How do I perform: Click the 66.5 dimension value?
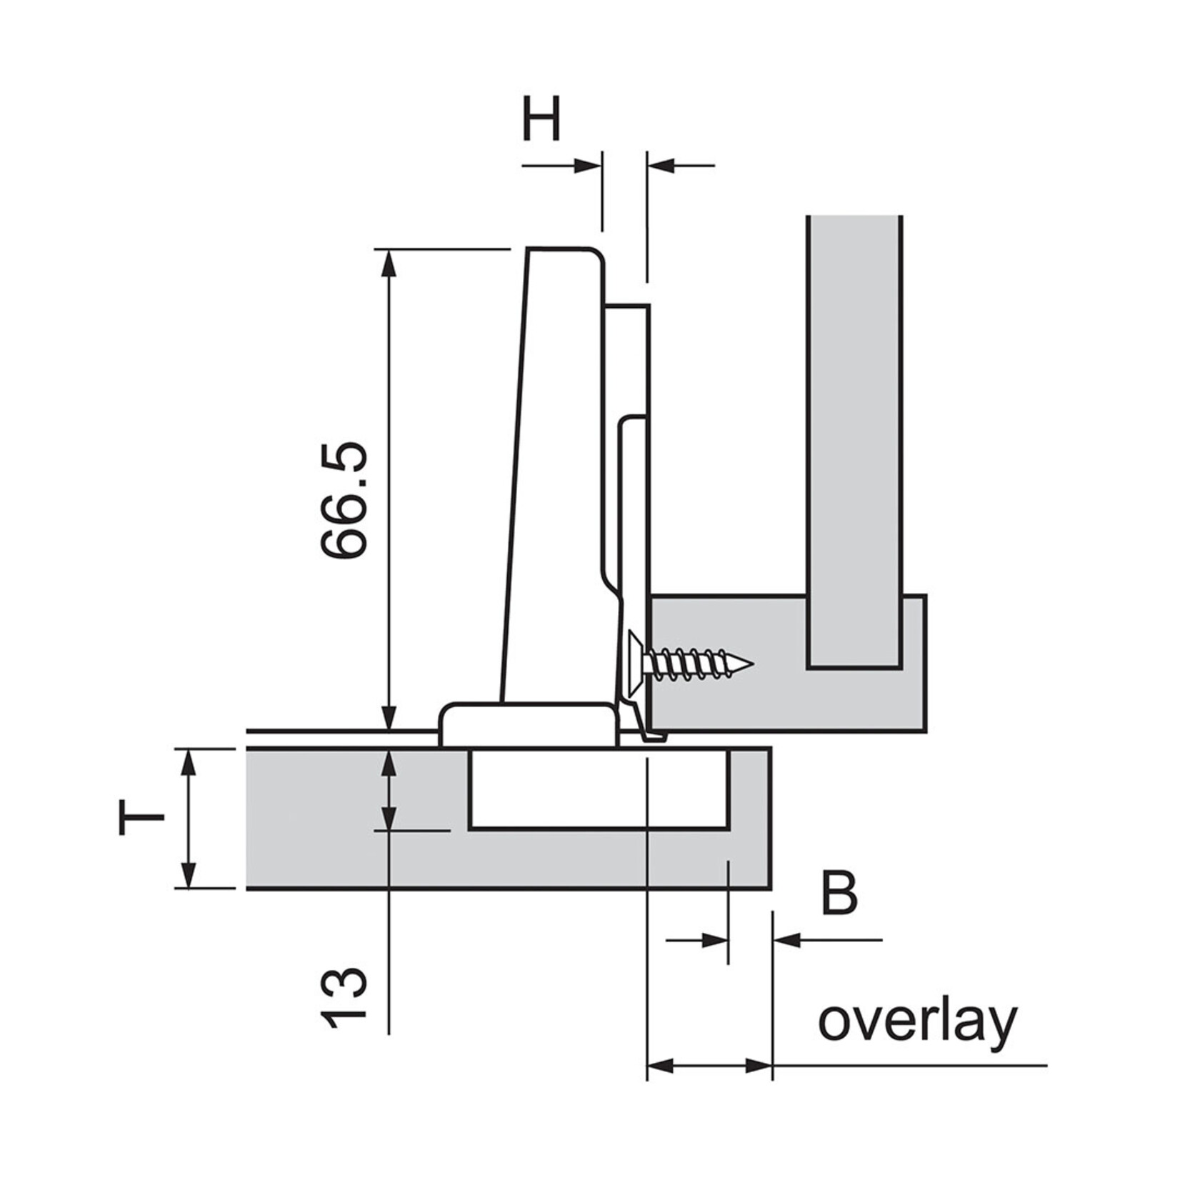click(344, 499)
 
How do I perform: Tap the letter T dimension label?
click(141, 818)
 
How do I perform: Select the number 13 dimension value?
click(344, 999)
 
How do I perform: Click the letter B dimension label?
click(839, 894)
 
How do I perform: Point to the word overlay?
click(917, 1022)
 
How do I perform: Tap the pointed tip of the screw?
click(750, 664)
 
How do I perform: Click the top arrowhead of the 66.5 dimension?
click(389, 261)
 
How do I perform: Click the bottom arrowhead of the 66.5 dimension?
click(389, 718)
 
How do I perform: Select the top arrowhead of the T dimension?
click(189, 761)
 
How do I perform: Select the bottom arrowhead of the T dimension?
click(189, 876)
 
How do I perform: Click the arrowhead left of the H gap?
click(588, 166)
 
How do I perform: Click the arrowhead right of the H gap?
click(661, 166)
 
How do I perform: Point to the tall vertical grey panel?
click(854, 429)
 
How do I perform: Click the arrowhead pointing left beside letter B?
click(786, 940)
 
